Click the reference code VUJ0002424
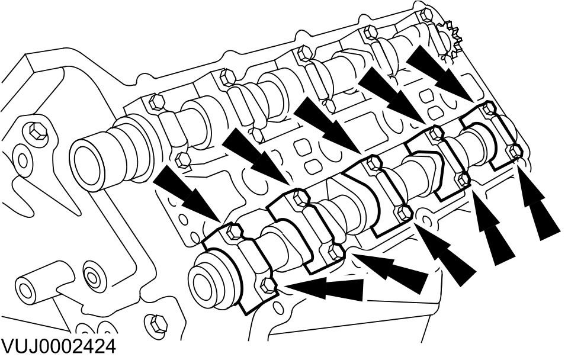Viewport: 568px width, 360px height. click(58, 346)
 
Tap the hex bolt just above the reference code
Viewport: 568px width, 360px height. click(156, 323)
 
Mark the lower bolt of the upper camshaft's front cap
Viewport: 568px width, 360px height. click(183, 159)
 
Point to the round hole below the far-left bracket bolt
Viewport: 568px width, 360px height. click(23, 159)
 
